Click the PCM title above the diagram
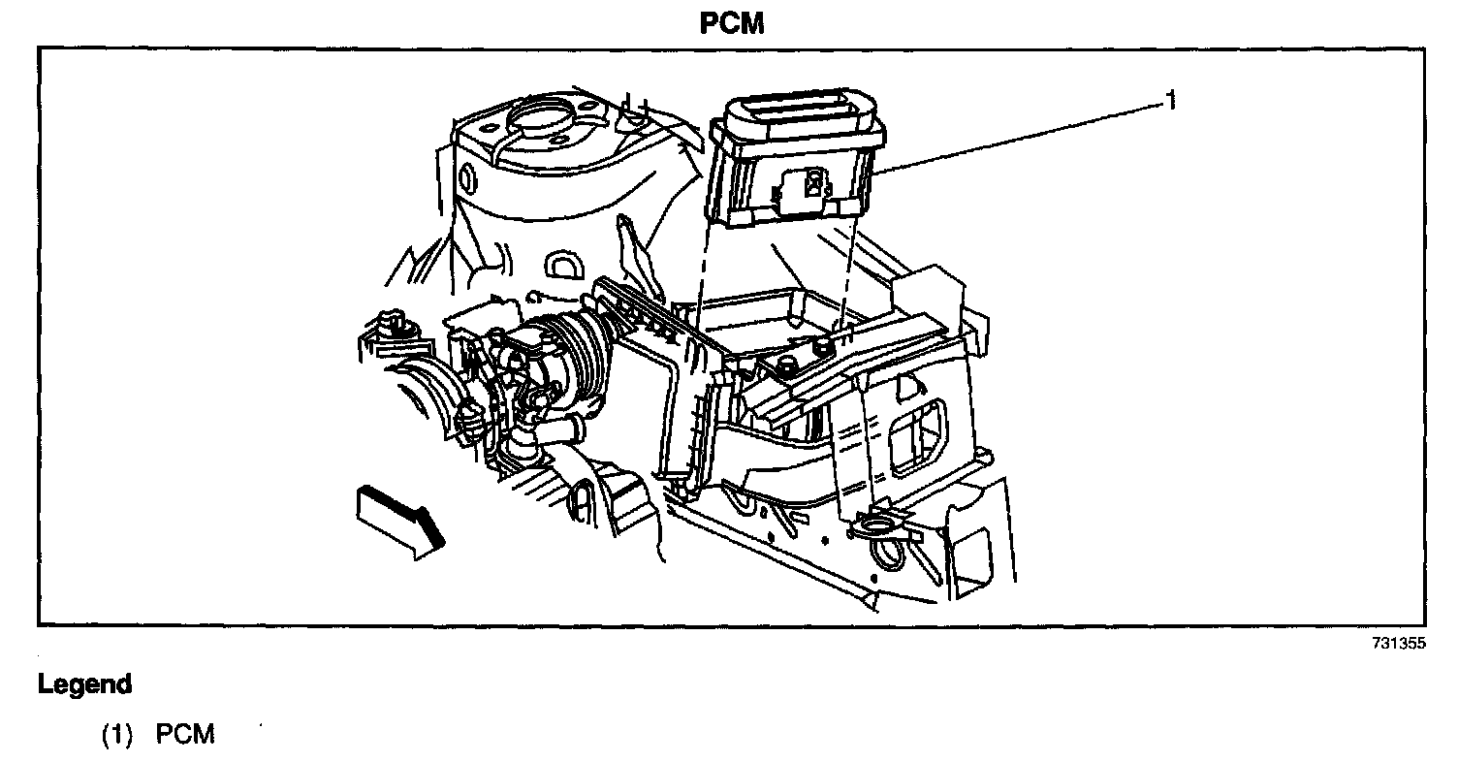click(732, 23)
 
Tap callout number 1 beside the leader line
click(1171, 100)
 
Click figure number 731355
click(1398, 644)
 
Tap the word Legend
click(84, 684)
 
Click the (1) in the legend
click(117, 734)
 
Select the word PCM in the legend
click(185, 734)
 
